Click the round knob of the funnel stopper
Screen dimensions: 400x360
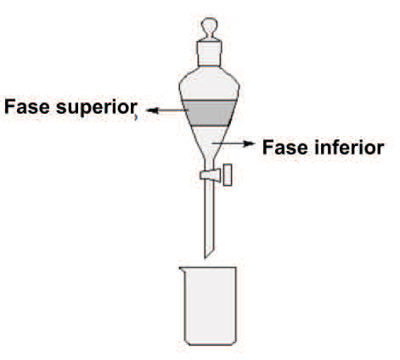click(x=209, y=25)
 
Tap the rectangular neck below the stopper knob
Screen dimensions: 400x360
click(x=209, y=53)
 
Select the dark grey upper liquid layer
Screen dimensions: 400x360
click(x=209, y=113)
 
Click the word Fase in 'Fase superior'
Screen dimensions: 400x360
click(x=27, y=107)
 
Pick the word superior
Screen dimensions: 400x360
click(x=97, y=109)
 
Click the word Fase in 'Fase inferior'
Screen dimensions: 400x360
click(x=285, y=147)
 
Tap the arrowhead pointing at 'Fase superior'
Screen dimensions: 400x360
click(x=152, y=110)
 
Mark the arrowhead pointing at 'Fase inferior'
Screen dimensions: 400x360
click(x=249, y=143)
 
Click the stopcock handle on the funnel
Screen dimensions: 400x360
click(x=228, y=175)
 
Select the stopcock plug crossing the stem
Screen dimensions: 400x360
click(x=210, y=175)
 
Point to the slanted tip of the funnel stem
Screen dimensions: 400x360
click(x=208, y=254)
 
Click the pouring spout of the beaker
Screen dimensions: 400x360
click(x=182, y=270)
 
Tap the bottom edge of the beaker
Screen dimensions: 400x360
click(x=210, y=345)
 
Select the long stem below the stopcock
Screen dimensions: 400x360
click(x=209, y=218)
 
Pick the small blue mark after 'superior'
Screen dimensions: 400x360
click(x=136, y=117)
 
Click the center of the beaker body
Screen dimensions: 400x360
click(x=210, y=306)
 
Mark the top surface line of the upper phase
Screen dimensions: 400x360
click(x=209, y=100)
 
